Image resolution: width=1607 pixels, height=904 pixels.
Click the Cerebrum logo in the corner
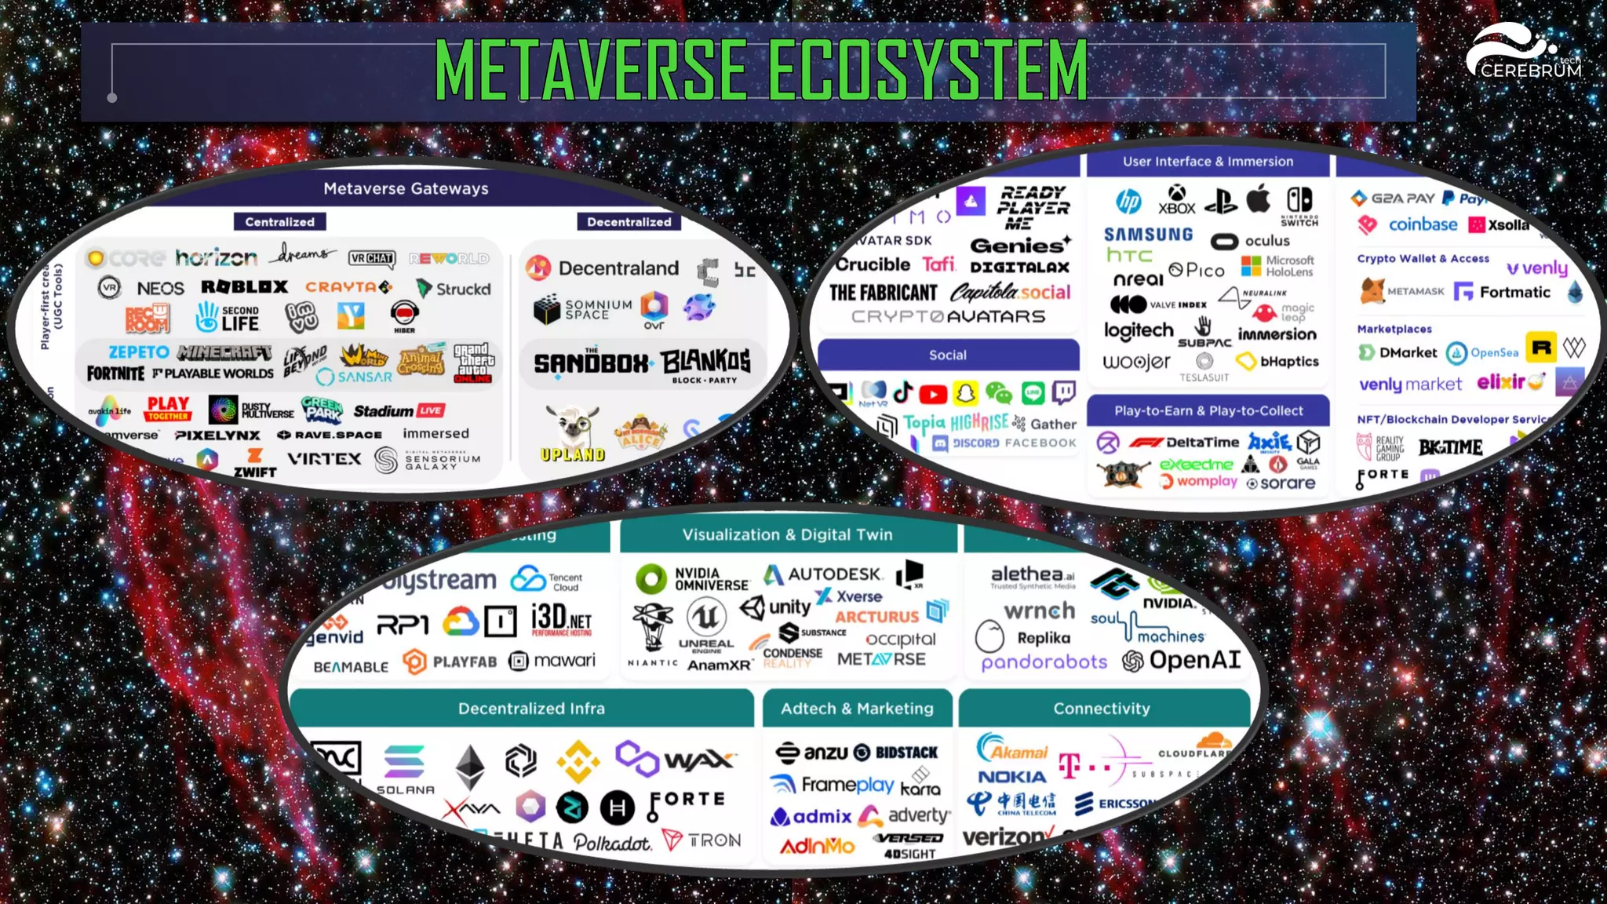pyautogui.click(x=1522, y=52)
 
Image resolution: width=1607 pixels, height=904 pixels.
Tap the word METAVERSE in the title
pyautogui.click(x=590, y=71)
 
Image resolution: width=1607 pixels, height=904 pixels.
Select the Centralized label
pyautogui.click(x=279, y=222)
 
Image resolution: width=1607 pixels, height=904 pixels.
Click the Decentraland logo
pyautogui.click(x=602, y=268)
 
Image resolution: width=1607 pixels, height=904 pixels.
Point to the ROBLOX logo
pyautogui.click(x=244, y=287)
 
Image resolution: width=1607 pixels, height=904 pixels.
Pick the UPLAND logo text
pyautogui.click(x=573, y=454)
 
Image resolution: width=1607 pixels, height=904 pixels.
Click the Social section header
pyautogui.click(x=948, y=355)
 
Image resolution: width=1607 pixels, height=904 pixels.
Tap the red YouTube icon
pyautogui.click(x=933, y=393)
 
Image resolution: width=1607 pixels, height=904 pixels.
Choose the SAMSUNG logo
pyautogui.click(x=1148, y=235)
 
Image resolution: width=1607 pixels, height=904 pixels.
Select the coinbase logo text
pyautogui.click(x=1423, y=225)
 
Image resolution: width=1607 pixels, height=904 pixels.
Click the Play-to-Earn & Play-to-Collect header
pyautogui.click(x=1208, y=411)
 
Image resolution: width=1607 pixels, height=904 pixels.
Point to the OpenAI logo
pyautogui.click(x=1182, y=661)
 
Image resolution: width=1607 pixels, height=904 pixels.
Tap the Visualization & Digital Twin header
pyautogui.click(x=787, y=535)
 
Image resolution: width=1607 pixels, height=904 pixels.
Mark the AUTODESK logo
pyautogui.click(x=823, y=574)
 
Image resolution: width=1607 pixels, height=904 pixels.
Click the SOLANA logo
pyautogui.click(x=405, y=769)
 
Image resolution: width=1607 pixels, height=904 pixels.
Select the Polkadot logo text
pyautogui.click(x=612, y=843)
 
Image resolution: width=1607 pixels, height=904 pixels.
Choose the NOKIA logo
pyautogui.click(x=1011, y=777)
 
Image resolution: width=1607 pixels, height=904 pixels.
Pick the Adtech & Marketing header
pyautogui.click(x=857, y=709)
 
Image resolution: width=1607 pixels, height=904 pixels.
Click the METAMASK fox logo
pyautogui.click(x=1372, y=291)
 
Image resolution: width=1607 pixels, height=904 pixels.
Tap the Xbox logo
pyautogui.click(x=1176, y=199)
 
